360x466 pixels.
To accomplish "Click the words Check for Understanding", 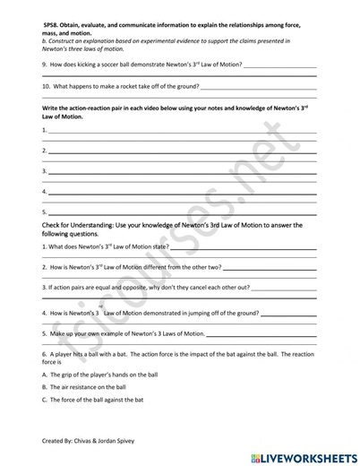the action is (x=83, y=225).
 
